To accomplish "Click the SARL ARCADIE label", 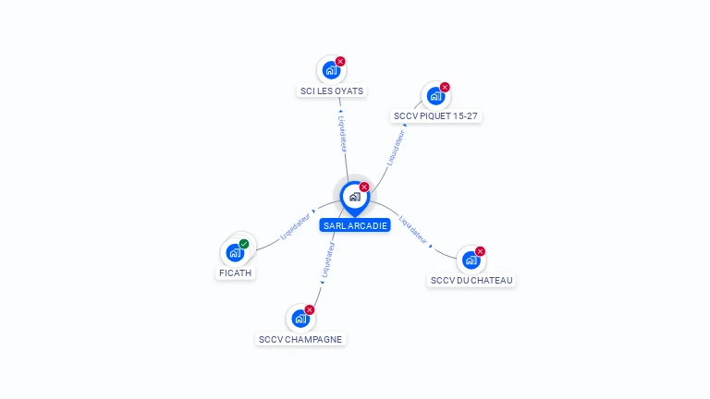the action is tap(355, 225).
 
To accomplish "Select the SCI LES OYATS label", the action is tap(332, 91).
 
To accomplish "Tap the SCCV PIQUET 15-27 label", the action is tap(435, 116).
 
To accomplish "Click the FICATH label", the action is tap(235, 272).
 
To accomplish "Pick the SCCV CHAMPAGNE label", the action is tap(300, 339).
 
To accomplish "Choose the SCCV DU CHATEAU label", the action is tap(471, 280).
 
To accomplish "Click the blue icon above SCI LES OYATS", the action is tap(331, 70).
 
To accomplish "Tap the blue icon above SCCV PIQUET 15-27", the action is tap(435, 96).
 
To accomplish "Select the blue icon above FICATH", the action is tap(235, 252).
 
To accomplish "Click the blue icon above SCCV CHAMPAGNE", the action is tap(300, 319).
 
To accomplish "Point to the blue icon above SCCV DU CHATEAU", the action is tap(471, 260).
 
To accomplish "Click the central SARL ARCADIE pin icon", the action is tap(354, 197).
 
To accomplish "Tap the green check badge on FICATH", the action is tap(244, 244).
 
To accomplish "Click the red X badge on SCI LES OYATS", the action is tap(340, 61).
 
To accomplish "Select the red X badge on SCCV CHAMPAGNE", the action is tap(310, 309).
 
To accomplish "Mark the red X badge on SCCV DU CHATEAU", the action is tap(480, 251).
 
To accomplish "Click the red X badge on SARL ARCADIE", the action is tap(364, 187).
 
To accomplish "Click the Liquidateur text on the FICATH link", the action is tap(295, 227).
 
